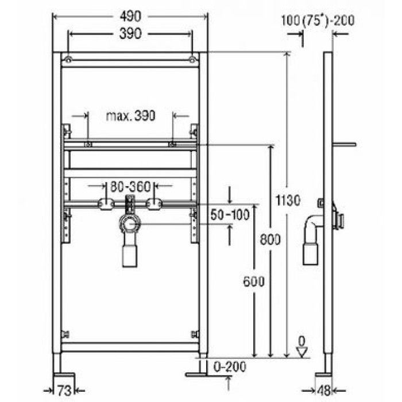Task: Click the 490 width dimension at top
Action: click(x=130, y=17)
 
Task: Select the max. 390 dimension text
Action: click(x=131, y=116)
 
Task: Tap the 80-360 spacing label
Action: click(x=130, y=187)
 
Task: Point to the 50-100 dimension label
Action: click(x=230, y=214)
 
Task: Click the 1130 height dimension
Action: click(x=288, y=200)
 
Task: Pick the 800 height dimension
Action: click(x=270, y=239)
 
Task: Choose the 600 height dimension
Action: click(x=253, y=281)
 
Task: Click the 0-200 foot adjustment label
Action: click(x=230, y=366)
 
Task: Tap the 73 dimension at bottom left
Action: click(x=64, y=391)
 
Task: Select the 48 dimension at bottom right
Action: click(x=324, y=391)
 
